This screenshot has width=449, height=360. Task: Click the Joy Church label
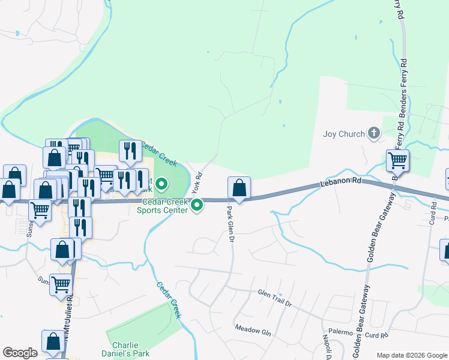coord(343,134)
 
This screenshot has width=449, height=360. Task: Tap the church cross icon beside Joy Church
coord(373,133)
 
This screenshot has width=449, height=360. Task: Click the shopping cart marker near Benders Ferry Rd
coord(397,161)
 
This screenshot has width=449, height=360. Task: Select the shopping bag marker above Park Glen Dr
coord(239,188)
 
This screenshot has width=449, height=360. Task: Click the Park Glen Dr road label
coord(229,224)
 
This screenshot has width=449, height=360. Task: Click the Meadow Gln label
coord(253,329)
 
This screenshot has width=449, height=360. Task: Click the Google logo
coord(20,353)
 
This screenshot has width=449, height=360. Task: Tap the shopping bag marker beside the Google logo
coord(53,341)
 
